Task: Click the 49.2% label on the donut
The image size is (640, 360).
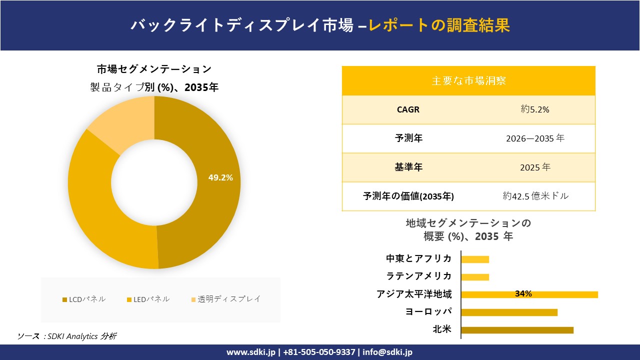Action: [x=220, y=177]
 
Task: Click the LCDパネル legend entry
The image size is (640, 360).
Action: [x=84, y=299]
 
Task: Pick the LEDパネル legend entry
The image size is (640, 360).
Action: [x=148, y=299]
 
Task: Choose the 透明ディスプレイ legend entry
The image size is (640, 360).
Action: [x=226, y=299]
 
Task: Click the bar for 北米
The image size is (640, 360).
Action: [x=517, y=330]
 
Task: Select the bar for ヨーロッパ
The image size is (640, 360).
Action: [x=509, y=312]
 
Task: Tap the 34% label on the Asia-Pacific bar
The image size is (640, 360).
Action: [x=523, y=294]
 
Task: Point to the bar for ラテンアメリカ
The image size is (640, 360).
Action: [x=475, y=277]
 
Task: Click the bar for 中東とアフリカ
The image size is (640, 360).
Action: [x=475, y=259]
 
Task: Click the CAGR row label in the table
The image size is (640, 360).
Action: [x=408, y=110]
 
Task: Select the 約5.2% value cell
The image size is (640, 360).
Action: [x=535, y=110]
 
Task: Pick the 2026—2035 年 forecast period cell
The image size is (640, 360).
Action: [x=535, y=138]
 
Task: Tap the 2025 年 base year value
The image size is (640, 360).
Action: [x=535, y=167]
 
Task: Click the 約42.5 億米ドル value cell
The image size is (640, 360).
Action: [x=535, y=196]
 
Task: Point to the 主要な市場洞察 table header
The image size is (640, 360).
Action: [x=468, y=80]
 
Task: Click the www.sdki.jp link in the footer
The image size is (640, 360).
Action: [x=251, y=352]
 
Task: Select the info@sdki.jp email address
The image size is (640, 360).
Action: [x=387, y=352]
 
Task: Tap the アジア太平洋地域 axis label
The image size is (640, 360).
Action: [x=414, y=294]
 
